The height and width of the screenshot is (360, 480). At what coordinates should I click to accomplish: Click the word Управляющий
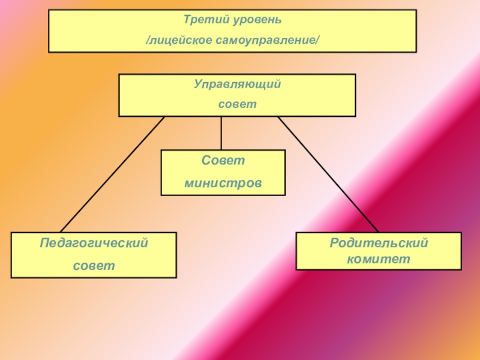[237, 85]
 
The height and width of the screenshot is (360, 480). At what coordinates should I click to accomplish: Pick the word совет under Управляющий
[237, 104]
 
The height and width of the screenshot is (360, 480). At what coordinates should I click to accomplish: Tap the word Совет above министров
[223, 161]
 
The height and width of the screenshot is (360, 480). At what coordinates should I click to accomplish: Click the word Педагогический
[94, 244]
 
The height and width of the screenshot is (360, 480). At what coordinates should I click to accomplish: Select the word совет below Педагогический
[94, 264]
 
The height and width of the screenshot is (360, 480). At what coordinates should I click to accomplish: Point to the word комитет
[378, 259]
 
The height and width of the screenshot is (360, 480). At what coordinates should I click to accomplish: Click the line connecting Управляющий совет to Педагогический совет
[112, 174]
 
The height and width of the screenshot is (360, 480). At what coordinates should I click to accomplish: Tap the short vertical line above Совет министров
[221, 133]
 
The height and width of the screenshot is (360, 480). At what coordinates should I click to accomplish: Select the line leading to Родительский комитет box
[328, 174]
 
